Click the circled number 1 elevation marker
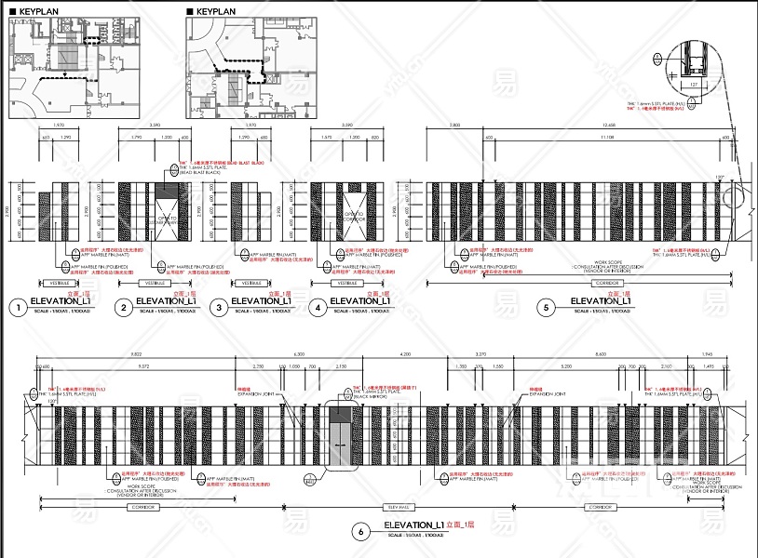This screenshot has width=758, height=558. (x=17, y=307)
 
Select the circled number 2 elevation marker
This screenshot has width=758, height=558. (x=123, y=307)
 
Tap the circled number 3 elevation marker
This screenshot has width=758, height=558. (x=218, y=307)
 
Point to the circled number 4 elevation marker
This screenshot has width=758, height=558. (x=318, y=307)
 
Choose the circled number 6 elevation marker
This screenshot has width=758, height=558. (x=361, y=532)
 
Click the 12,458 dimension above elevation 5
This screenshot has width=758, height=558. (x=609, y=125)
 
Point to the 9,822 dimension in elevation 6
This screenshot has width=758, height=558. (x=135, y=354)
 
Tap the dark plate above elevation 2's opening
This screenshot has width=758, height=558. (x=171, y=190)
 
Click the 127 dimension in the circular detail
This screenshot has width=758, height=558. (x=694, y=84)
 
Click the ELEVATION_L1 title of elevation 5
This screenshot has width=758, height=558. (x=601, y=301)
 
